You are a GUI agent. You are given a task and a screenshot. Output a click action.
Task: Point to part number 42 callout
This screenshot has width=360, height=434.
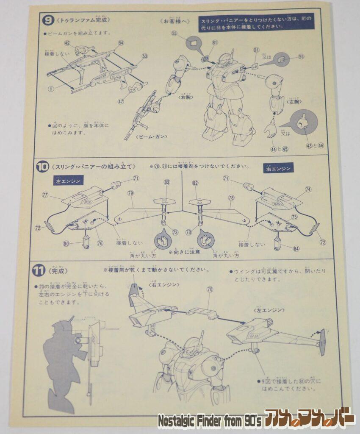[x=67, y=43]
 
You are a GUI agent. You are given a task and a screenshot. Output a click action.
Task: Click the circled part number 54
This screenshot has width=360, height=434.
[x=121, y=43]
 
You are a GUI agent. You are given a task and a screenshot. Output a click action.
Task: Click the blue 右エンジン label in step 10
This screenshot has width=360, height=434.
[x=279, y=169]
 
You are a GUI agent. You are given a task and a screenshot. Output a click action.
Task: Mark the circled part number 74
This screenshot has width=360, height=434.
[x=307, y=189]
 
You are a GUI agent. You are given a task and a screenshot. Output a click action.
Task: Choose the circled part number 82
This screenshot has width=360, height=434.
[x=195, y=182]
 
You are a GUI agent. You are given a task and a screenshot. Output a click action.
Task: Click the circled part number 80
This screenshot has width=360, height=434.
[x=66, y=243]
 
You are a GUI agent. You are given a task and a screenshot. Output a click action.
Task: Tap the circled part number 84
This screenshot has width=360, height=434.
[x=296, y=248]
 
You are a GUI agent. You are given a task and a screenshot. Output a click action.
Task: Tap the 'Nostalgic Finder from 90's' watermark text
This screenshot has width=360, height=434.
[x=209, y=421]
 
